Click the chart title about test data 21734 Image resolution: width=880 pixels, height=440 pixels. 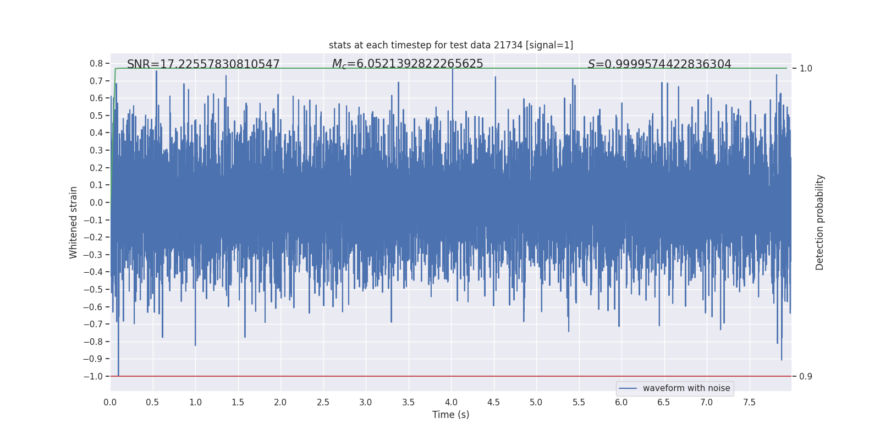450,45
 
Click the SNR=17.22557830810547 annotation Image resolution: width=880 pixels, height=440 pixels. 203,64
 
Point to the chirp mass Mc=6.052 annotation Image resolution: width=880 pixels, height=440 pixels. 407,64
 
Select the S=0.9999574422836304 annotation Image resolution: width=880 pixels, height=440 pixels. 659,64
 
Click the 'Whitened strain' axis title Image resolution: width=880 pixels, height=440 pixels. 74,222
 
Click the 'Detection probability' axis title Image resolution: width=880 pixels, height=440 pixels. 820,222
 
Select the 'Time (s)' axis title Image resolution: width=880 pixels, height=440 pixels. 450,415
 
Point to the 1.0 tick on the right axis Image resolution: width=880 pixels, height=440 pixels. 805,69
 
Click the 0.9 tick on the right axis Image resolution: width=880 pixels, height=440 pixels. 805,377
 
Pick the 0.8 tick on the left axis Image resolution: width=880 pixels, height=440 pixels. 96,64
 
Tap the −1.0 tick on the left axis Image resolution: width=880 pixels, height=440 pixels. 94,377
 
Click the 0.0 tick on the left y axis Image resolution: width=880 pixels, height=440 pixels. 96,203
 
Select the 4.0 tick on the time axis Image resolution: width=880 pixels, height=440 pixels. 451,403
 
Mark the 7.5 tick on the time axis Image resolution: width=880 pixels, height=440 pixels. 749,403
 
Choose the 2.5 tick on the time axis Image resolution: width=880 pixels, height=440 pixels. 323,403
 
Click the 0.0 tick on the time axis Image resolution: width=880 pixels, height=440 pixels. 110,403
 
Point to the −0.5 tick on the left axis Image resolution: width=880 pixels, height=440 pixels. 94,290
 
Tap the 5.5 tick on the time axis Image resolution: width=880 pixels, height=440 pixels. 579,403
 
